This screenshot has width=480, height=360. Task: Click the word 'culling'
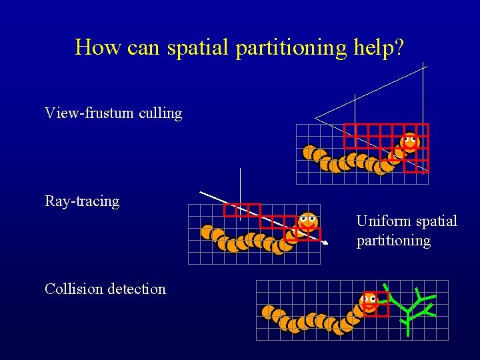tap(161, 113)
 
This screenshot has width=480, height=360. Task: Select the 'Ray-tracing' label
tap(82, 201)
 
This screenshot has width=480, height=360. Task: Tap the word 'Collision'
tap(73, 289)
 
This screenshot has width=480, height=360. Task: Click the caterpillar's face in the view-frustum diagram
tap(409, 142)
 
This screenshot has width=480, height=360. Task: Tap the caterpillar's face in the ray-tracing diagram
tap(307, 220)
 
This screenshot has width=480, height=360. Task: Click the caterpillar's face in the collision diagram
tap(368, 301)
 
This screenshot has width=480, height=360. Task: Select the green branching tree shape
tap(413, 309)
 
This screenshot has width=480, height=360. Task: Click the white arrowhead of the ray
tap(326, 245)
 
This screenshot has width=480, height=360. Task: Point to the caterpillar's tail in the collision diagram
tap(269, 311)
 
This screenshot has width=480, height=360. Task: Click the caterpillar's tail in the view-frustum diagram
tap(309, 152)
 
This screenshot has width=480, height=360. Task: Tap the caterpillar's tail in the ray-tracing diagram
tap(207, 231)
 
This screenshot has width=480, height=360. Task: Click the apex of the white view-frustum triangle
tap(316, 119)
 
